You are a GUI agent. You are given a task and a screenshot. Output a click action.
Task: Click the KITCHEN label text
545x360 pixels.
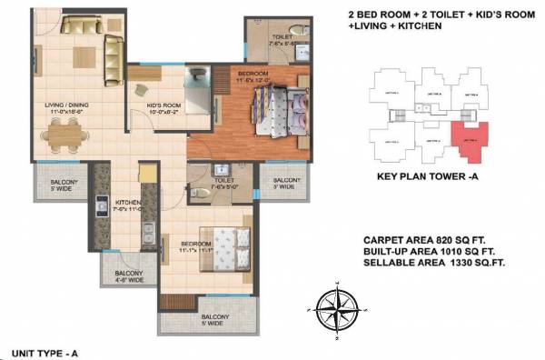coord(125,204)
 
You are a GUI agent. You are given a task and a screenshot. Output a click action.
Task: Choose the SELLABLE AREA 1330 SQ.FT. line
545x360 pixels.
coord(434,262)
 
